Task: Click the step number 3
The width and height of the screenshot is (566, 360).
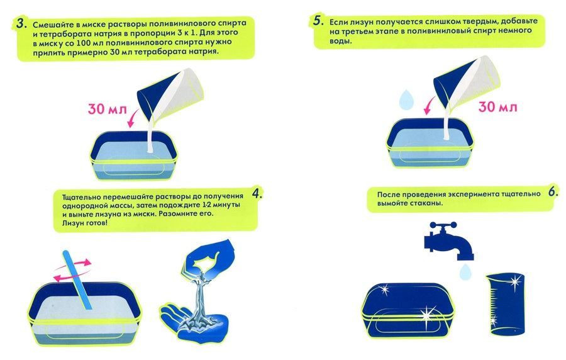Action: [21, 24]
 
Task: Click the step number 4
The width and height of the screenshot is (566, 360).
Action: [257, 194]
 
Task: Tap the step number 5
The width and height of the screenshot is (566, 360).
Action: [318, 21]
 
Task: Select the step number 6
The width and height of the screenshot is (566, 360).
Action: [553, 192]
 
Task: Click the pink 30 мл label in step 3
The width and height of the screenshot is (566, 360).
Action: [107, 109]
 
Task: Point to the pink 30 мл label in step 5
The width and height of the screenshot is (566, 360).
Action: [497, 107]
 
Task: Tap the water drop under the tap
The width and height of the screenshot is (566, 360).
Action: [465, 271]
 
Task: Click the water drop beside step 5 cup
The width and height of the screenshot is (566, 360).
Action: [406, 99]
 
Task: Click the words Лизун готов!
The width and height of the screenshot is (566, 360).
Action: [84, 223]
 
